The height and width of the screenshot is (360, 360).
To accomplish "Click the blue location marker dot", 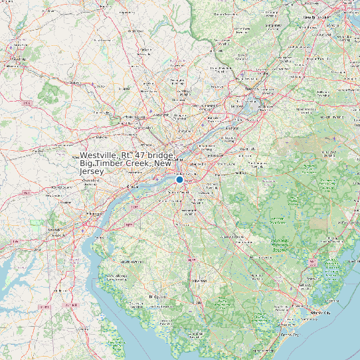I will click(x=179, y=179).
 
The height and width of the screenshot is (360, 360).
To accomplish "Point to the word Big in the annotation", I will click(x=86, y=163).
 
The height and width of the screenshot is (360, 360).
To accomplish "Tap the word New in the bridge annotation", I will click(x=163, y=163).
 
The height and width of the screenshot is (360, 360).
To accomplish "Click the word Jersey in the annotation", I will click(x=93, y=171).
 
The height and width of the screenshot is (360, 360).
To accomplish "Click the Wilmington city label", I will click(x=89, y=214).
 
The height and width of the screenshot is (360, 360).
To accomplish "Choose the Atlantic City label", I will click(x=319, y=312).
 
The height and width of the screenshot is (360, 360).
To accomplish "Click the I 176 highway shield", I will click(x=27, y=104).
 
